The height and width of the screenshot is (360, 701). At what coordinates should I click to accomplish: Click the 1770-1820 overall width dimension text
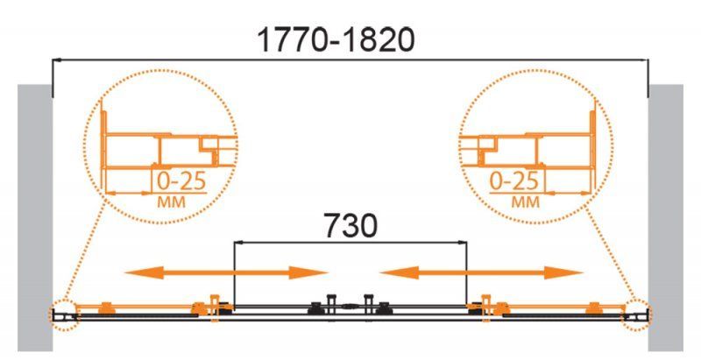(336, 40)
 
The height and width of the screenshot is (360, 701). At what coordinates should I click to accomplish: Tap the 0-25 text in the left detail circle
(181, 181)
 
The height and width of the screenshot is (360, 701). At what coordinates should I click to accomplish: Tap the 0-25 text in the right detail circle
(514, 181)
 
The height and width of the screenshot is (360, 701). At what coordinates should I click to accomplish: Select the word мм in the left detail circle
(171, 202)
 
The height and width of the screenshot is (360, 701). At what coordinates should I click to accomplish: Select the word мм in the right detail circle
(526, 202)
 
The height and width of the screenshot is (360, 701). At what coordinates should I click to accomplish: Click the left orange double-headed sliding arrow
(226, 272)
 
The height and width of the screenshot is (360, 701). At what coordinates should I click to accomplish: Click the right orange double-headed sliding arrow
(481, 272)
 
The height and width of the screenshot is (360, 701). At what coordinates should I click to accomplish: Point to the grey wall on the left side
(35, 217)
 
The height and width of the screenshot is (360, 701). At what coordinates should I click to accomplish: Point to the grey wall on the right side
(666, 217)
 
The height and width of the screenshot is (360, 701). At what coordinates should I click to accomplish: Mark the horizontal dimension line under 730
(350, 242)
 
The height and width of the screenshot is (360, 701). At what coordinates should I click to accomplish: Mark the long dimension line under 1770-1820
(350, 60)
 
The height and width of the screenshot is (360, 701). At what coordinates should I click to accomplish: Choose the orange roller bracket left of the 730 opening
(215, 307)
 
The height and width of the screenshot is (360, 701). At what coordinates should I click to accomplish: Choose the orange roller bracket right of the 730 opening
(486, 307)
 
